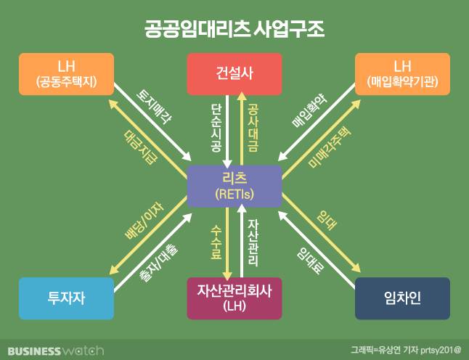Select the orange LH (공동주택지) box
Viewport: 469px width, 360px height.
67,74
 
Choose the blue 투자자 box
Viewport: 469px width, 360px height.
67,298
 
